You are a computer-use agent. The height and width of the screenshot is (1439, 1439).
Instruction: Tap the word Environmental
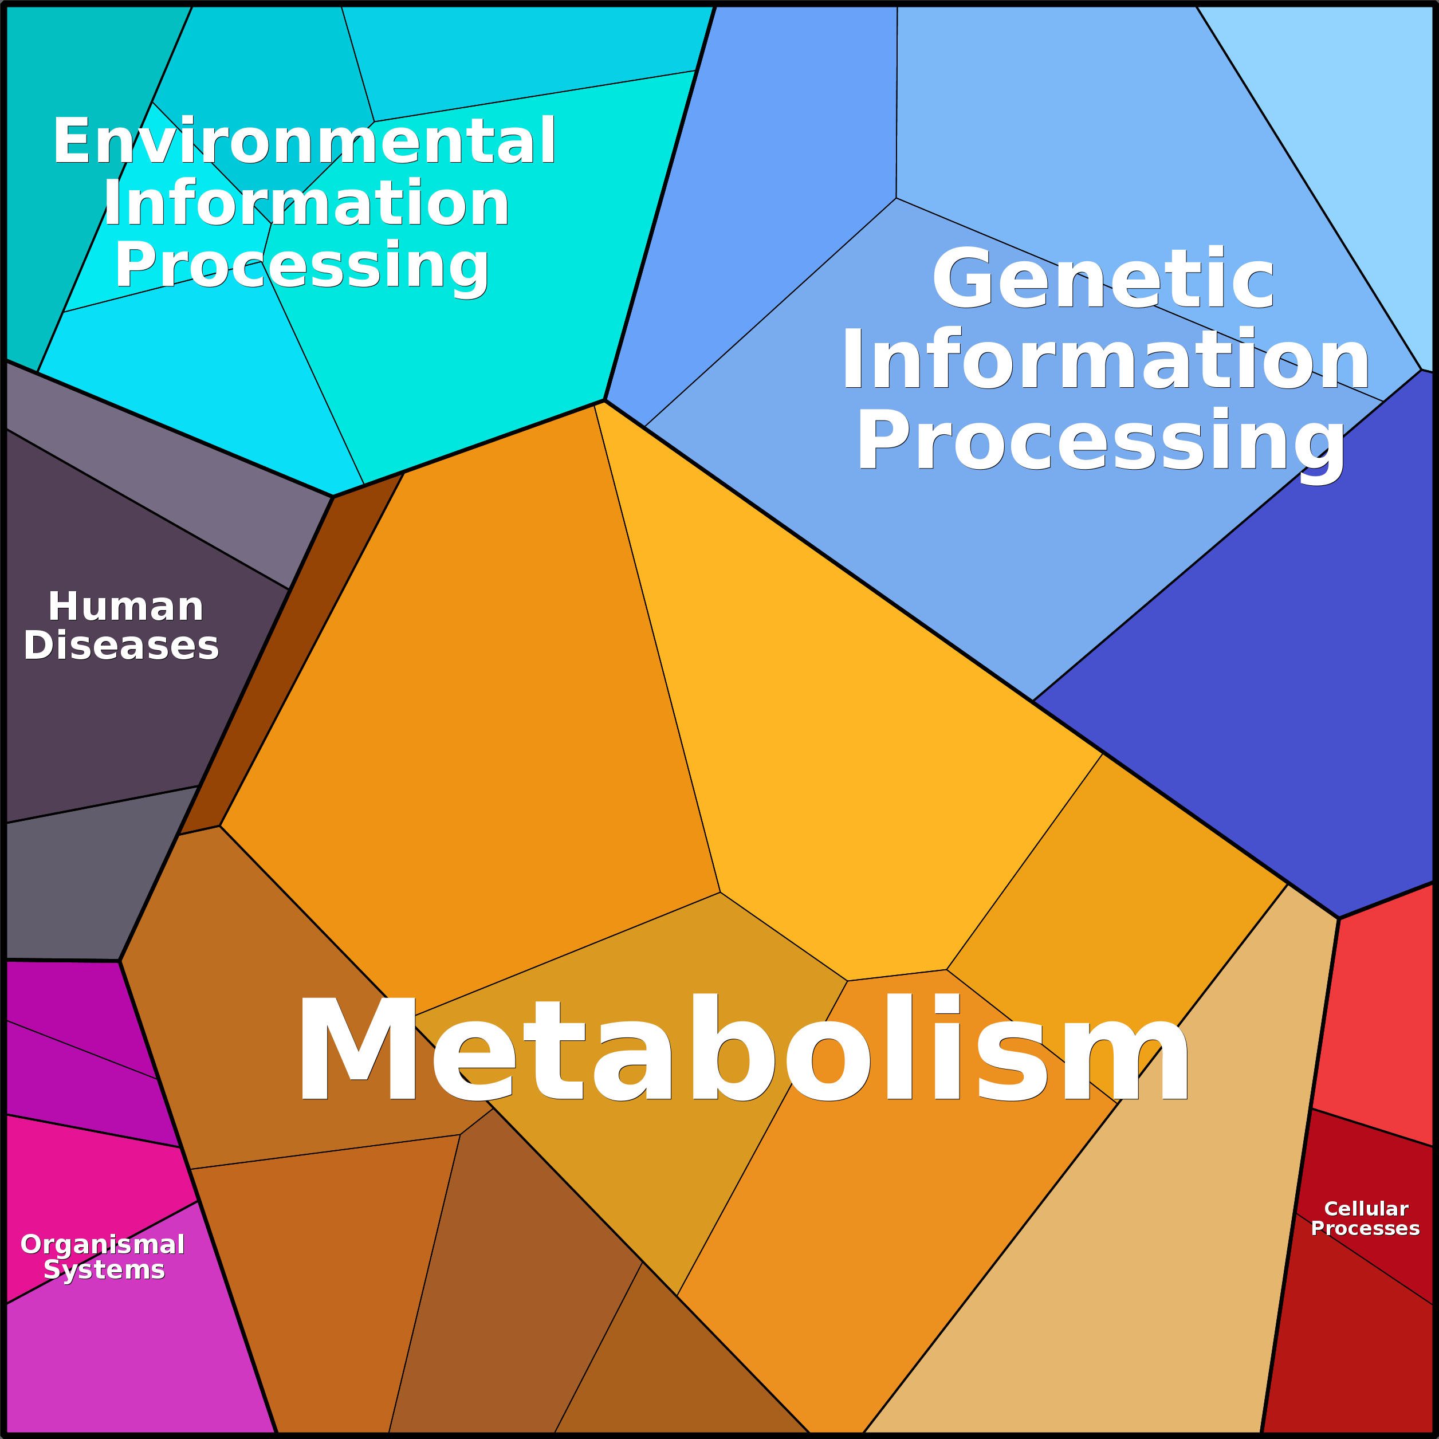(x=304, y=141)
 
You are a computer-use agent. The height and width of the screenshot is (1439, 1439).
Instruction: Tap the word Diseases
(x=121, y=646)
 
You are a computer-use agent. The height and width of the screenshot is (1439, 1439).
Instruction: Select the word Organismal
(x=103, y=1245)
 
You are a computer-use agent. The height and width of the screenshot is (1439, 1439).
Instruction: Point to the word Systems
(x=104, y=1269)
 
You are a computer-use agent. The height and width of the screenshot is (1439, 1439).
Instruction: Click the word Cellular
(x=1366, y=1209)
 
